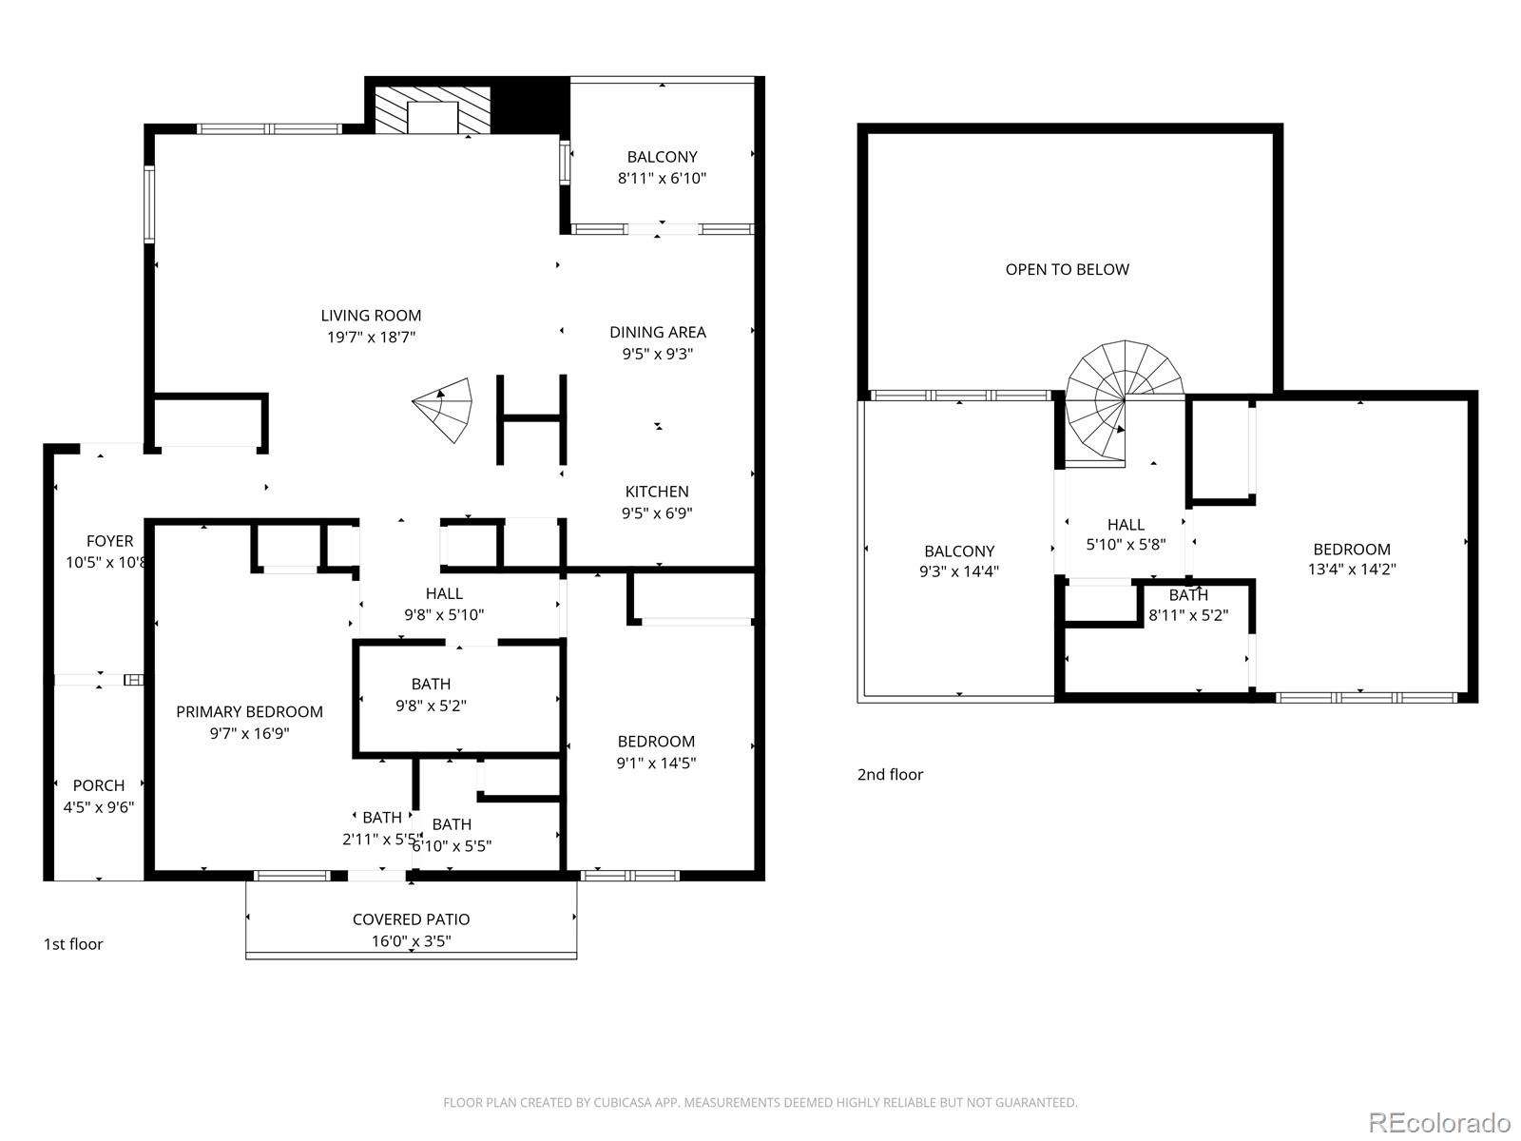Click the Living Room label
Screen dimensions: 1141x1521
[371, 316]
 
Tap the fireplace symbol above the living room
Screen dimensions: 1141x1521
[433, 110]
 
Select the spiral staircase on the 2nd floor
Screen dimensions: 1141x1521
[1122, 399]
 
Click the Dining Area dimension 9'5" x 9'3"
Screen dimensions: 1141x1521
[658, 354]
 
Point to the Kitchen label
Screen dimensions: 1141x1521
[657, 492]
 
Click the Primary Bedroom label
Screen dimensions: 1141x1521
[249, 712]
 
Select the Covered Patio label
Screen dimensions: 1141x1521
[411, 919]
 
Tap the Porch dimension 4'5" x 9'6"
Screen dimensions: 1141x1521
[99, 807]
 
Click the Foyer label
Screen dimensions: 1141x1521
[109, 541]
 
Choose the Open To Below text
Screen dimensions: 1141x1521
[1067, 270]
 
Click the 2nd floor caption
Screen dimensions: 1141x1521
[890, 775]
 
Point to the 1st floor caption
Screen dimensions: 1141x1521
[73, 944]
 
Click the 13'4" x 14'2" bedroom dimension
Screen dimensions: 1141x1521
[1352, 570]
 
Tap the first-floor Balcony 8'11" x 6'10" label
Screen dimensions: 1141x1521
[662, 167]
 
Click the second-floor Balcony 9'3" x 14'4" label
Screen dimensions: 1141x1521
[959, 561]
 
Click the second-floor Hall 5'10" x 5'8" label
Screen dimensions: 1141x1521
[1126, 534]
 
